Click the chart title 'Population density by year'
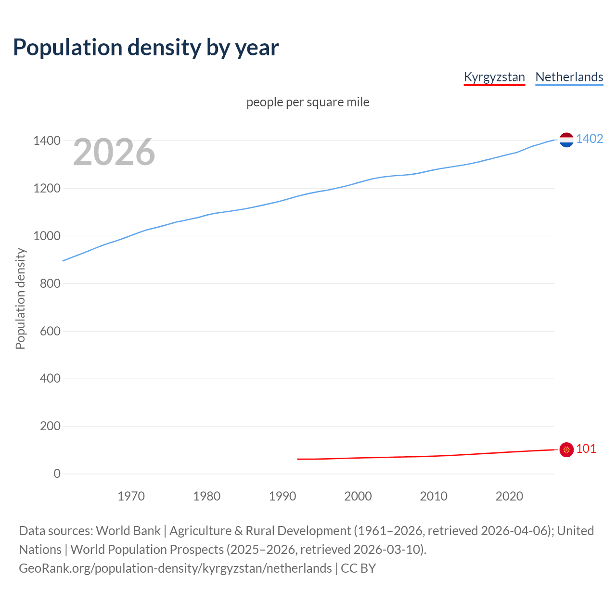146,47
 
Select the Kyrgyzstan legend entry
494,77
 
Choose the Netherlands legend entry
569,77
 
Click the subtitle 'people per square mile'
308,103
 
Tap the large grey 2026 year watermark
114,152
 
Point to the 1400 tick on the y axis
47,141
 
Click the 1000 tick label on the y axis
47,236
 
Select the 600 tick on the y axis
50,331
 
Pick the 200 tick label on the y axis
50,426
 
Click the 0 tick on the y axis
57,474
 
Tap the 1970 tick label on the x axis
131,496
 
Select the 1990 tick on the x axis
282,496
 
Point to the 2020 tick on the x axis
509,496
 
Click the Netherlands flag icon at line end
566,140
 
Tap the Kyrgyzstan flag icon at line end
566,449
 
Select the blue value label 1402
590,139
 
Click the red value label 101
586,449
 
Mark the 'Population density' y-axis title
20,298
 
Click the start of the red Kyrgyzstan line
298,459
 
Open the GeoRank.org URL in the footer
176,568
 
